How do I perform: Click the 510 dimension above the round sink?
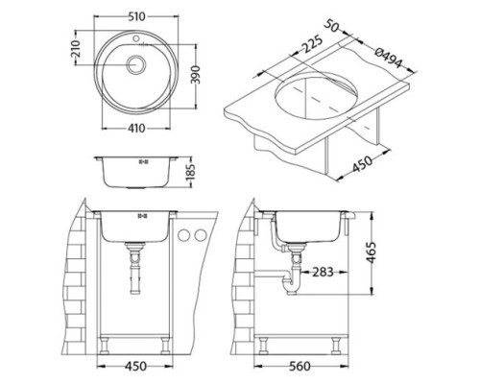pos(137,16)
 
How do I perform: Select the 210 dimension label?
pos(75,49)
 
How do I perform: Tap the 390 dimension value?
pos(195,75)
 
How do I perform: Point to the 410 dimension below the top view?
pos(136,129)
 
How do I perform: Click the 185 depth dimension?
pos(190,172)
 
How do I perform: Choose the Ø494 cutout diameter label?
pos(388,59)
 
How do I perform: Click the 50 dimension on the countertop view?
pos(332,26)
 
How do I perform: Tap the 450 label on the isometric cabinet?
pos(363,163)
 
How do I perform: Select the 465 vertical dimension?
pos(371,252)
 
